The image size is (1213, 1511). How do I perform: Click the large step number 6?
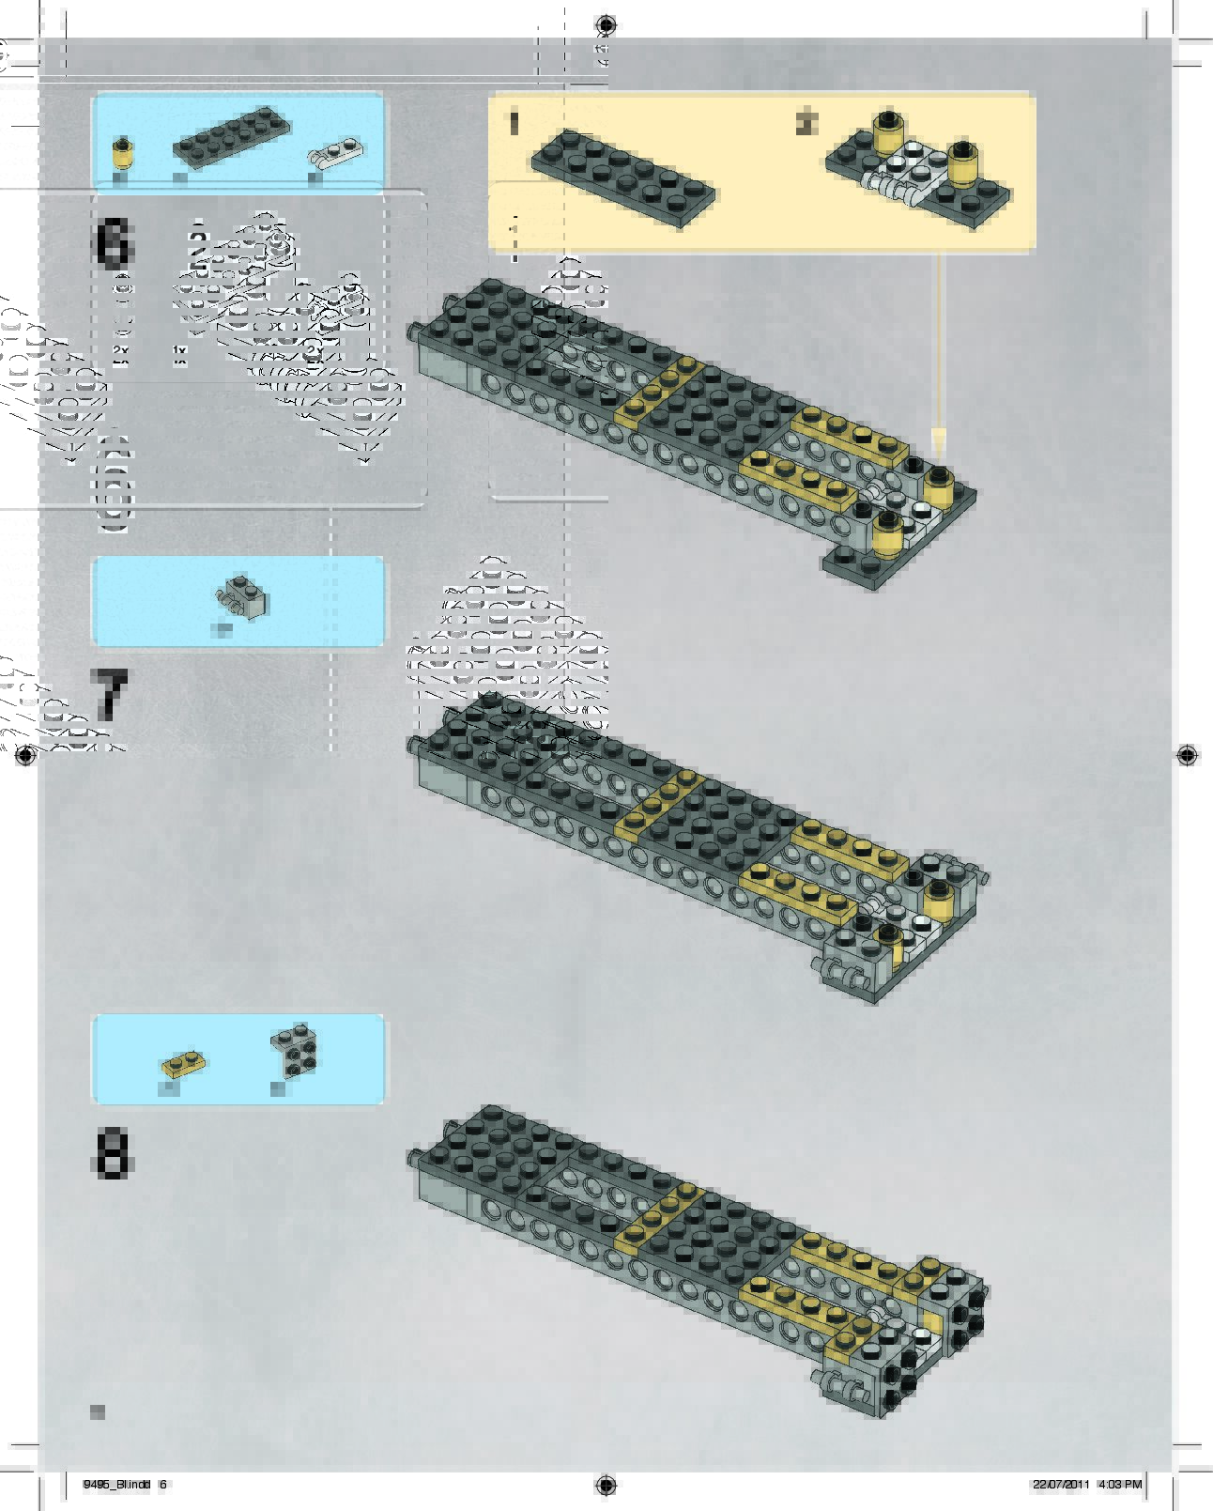click(x=114, y=242)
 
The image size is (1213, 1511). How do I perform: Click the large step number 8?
click(x=113, y=1152)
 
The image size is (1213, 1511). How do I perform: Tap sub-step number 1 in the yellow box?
click(x=514, y=123)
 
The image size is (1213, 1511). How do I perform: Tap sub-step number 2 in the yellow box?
click(x=806, y=122)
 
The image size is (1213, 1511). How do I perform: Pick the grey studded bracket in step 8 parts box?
click(x=296, y=1050)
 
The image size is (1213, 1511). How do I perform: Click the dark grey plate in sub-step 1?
click(x=622, y=177)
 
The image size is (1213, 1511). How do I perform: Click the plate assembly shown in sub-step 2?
click(x=918, y=169)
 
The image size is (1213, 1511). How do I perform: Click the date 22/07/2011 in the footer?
click(x=1061, y=1485)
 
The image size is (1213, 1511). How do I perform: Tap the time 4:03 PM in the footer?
click(x=1119, y=1485)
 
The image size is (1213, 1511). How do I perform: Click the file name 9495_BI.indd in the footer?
click(x=116, y=1485)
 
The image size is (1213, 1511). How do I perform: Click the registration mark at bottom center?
click(x=606, y=1485)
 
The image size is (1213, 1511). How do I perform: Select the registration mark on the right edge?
click(x=1187, y=754)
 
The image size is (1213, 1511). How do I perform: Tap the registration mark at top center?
click(x=606, y=24)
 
